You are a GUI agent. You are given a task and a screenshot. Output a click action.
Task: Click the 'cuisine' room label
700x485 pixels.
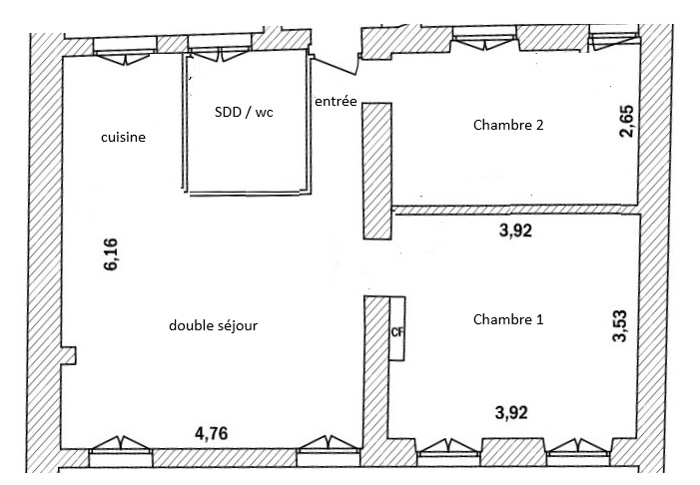123,137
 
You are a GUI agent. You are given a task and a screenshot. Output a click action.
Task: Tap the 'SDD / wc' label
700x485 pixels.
244,112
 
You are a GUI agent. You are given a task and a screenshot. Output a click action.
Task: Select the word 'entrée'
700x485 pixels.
336,101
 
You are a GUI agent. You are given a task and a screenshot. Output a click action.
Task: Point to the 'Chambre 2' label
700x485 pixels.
508,125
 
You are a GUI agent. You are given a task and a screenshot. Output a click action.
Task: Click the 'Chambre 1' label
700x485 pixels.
508,319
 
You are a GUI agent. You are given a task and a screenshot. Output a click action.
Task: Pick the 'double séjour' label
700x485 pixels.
213,325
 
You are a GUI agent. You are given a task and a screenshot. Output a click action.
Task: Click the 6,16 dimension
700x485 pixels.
111,254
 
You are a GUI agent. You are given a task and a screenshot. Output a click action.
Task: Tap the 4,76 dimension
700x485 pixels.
211,433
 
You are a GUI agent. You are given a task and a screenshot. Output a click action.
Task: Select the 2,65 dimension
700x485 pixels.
627,121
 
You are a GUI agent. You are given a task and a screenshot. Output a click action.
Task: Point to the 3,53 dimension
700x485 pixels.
620,325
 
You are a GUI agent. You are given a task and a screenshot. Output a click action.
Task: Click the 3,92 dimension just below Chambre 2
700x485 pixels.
515,231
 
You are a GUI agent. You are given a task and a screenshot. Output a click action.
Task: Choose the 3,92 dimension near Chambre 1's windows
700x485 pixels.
511,413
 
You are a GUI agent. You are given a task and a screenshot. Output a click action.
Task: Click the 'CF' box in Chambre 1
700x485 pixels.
396,328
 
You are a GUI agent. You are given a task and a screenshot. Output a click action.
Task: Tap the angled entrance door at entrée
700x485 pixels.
335,67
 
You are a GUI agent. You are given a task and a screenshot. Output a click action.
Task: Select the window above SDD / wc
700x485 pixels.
220,49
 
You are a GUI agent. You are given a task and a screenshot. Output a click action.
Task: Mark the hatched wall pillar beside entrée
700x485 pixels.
377,171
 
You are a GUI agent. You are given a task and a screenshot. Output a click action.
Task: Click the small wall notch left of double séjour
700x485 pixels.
69,355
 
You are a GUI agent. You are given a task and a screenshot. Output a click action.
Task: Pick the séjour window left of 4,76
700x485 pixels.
121,451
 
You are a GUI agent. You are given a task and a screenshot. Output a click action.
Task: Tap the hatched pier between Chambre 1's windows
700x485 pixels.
513,451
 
